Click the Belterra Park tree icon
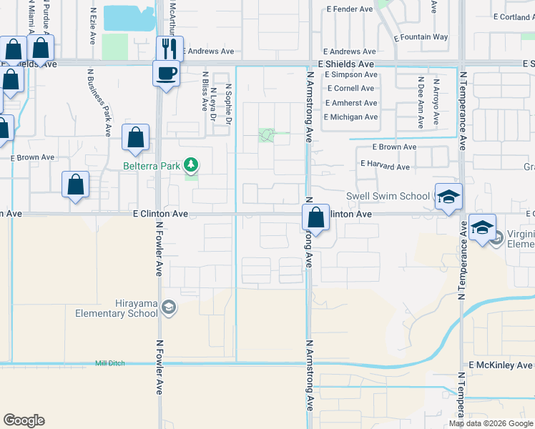pyautogui.click(x=191, y=166)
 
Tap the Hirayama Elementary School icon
pyautogui.click(x=168, y=308)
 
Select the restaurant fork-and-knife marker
pyautogui.click(x=170, y=49)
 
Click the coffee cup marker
pyautogui.click(x=166, y=73)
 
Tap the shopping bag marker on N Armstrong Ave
pyautogui.click(x=315, y=218)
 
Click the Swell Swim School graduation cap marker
pyautogui.click(x=448, y=197)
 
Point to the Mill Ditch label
pyautogui.click(x=110, y=363)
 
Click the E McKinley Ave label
pyautogui.click(x=500, y=365)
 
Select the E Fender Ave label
pyautogui.click(x=349, y=9)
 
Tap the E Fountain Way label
pyautogui.click(x=421, y=36)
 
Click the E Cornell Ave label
pyautogui.click(x=350, y=89)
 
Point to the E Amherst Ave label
pyautogui.click(x=350, y=103)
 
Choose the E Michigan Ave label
pyautogui.click(x=350, y=117)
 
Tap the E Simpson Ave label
pyautogui.click(x=350, y=74)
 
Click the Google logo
pyautogui.click(x=24, y=420)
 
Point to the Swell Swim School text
pyautogui.click(x=387, y=196)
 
